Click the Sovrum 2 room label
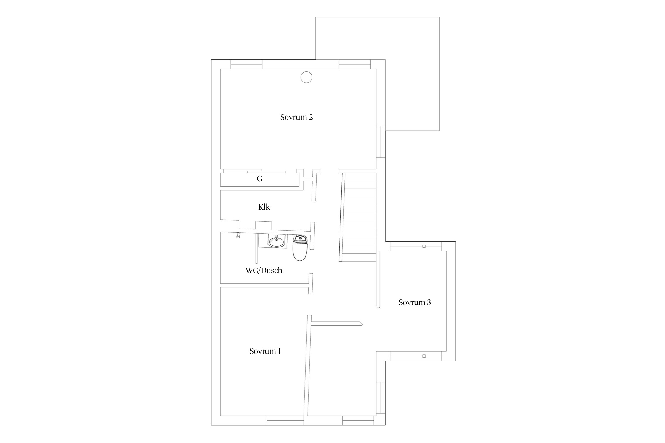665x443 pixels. (x=296, y=117)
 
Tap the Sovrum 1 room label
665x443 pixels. (x=265, y=351)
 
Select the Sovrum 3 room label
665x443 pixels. (x=415, y=302)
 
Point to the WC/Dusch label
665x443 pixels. (x=264, y=271)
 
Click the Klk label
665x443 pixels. (x=264, y=207)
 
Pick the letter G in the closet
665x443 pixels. (x=259, y=179)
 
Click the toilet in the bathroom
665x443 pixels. (x=300, y=248)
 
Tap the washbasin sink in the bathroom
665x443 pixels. (x=276, y=241)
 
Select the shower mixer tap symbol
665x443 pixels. (x=238, y=235)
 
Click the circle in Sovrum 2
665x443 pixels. (x=306, y=77)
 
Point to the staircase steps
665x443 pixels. (x=359, y=217)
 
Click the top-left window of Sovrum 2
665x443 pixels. (x=246, y=64)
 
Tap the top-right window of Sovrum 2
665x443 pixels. (x=355, y=64)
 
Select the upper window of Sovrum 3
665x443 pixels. (x=416, y=246)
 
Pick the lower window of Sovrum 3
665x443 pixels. (x=416, y=356)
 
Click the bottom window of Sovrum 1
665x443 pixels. (x=285, y=420)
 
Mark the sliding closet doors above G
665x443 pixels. (x=254, y=171)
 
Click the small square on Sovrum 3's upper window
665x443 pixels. (x=424, y=246)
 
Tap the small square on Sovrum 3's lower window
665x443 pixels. (x=424, y=356)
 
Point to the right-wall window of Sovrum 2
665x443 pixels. (x=381, y=142)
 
